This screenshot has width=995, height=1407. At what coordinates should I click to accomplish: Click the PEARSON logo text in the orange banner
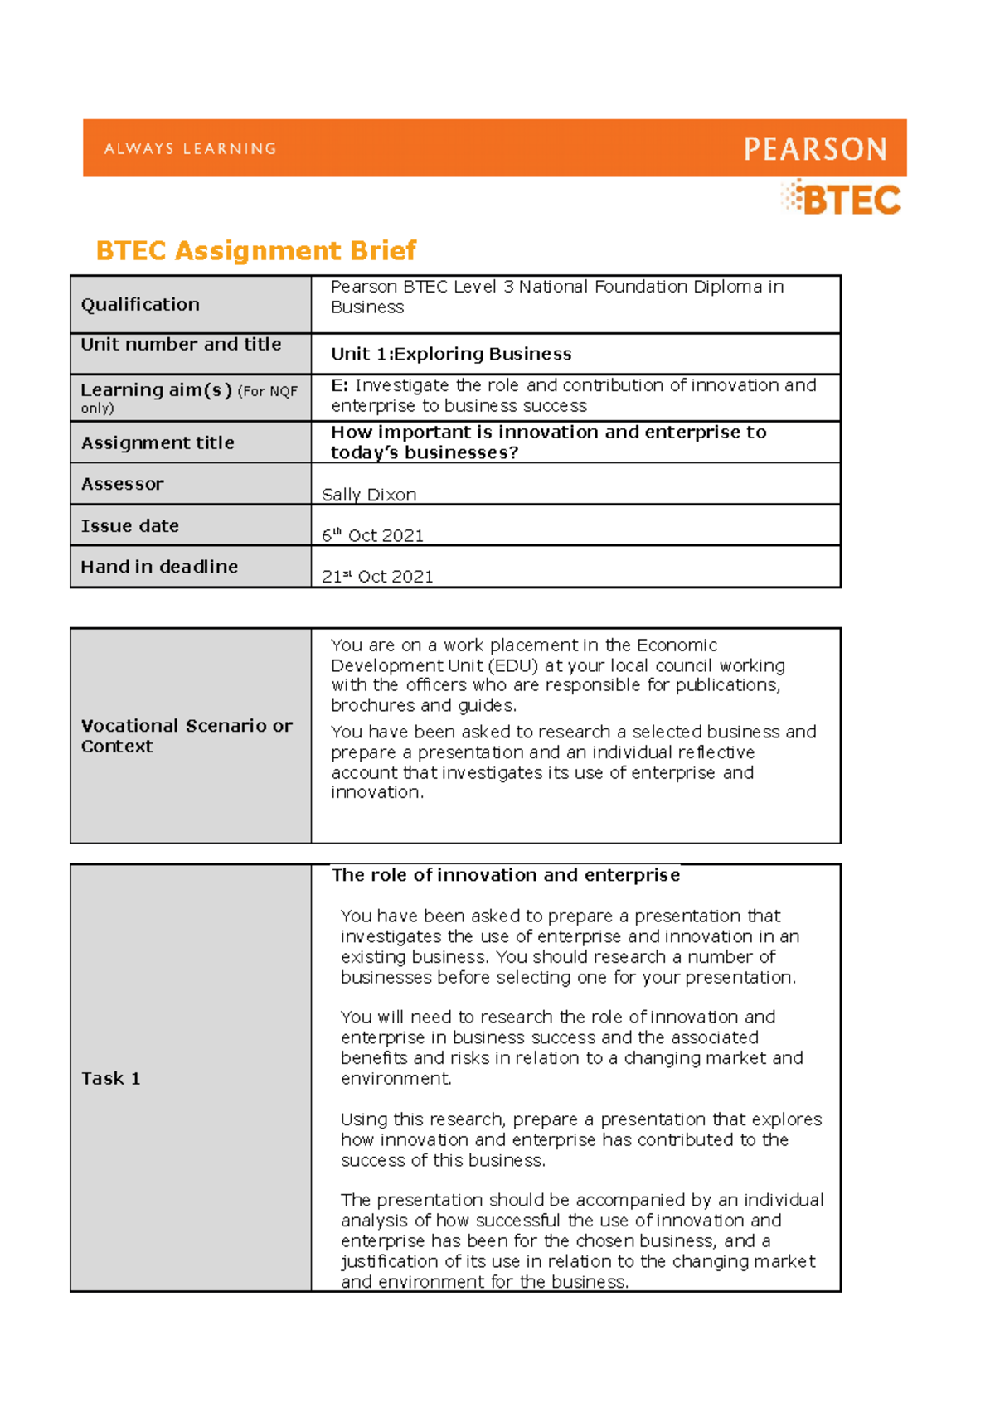click(x=815, y=149)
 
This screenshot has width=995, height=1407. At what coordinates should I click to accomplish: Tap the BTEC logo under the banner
click(x=842, y=200)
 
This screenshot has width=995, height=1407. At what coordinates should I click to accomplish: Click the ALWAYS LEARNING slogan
click(x=190, y=149)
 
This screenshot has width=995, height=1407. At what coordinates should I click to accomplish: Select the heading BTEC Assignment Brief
click(x=255, y=250)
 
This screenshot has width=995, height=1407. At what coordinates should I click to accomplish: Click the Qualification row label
click(x=140, y=304)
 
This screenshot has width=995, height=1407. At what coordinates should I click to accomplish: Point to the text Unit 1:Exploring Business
click(x=451, y=354)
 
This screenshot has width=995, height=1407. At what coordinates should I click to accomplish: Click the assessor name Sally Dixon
click(x=369, y=495)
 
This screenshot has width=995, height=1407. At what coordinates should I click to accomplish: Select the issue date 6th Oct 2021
click(x=372, y=535)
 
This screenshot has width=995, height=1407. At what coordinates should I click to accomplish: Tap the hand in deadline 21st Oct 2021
click(x=377, y=576)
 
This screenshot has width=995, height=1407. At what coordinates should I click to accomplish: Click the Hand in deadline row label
click(x=159, y=567)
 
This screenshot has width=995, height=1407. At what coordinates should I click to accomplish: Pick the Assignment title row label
click(x=158, y=442)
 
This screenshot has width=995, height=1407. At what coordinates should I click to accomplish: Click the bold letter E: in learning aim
click(x=339, y=385)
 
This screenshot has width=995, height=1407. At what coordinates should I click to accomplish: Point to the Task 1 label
click(x=110, y=1078)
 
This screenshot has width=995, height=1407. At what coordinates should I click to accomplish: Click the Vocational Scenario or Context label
click(x=186, y=736)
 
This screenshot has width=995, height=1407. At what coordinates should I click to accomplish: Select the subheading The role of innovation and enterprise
click(x=506, y=875)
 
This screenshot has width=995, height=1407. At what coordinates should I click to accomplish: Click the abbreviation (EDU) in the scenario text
click(x=513, y=665)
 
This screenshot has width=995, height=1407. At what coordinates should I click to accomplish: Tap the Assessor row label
click(x=122, y=484)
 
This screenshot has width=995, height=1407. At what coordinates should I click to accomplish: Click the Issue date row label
click(x=129, y=526)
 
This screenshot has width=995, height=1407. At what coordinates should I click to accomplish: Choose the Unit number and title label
click(x=181, y=344)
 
